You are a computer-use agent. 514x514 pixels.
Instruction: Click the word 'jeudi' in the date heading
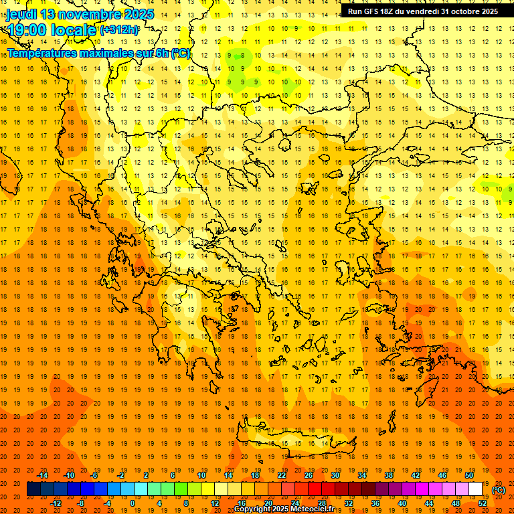21,14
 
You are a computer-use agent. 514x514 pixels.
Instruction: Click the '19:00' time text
30,29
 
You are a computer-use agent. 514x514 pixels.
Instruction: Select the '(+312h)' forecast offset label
120,29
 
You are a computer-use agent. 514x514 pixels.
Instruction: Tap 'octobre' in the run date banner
461,11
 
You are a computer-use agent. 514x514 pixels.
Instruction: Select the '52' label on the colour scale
482,503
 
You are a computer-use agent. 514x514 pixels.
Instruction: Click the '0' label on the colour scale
133,503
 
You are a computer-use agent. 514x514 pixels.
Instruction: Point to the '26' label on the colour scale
309,475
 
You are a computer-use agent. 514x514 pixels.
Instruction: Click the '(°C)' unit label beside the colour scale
498,489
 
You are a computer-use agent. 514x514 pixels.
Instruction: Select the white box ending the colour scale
476,489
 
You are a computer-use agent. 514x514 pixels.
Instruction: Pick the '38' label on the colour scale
388,475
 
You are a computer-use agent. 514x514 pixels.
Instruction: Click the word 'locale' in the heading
74,29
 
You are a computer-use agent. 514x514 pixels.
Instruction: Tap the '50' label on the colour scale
469,475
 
